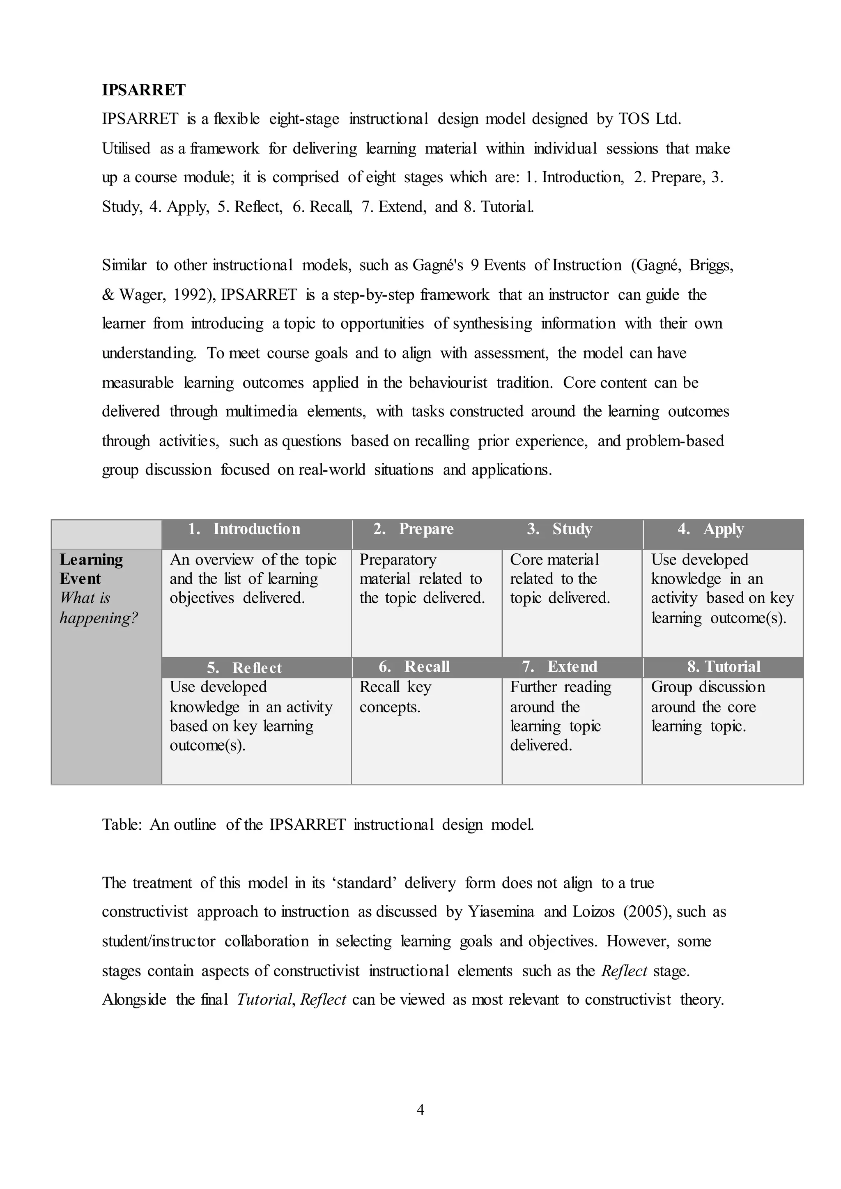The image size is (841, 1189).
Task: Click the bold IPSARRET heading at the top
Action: pyautogui.click(x=143, y=90)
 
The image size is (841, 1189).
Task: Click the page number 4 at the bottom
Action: pyautogui.click(x=420, y=1109)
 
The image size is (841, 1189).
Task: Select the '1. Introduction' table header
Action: pyautogui.click(x=244, y=529)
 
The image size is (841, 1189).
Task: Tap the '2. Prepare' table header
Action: pyautogui.click(x=413, y=529)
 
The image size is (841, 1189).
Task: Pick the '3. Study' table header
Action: pyautogui.click(x=559, y=529)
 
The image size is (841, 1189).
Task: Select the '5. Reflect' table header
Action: pyautogui.click(x=244, y=668)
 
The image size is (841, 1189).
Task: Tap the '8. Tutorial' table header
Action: pyautogui.click(x=724, y=666)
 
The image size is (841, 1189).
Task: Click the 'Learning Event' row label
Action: pyautogui.click(x=91, y=569)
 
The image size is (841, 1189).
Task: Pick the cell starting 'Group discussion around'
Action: pyautogui.click(x=708, y=706)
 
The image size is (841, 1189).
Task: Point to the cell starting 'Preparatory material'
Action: pyautogui.click(x=422, y=578)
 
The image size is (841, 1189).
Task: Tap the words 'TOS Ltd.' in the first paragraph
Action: pyautogui.click(x=649, y=119)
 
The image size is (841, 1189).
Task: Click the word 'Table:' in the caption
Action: pyautogui.click(x=122, y=824)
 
